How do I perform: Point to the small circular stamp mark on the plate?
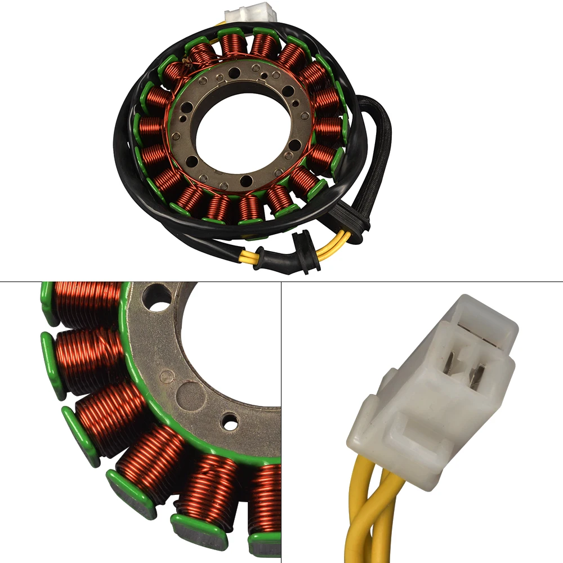[x=165, y=376]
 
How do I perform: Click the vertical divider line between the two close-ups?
[x=281, y=422]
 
